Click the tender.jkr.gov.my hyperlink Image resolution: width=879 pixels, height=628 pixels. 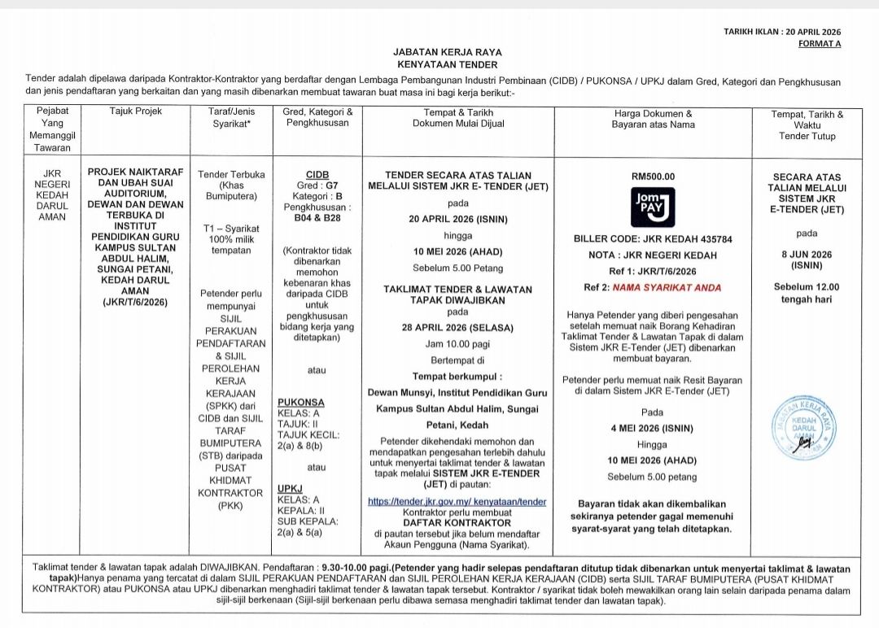click(457, 502)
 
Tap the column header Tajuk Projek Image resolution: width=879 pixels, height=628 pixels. click(136, 111)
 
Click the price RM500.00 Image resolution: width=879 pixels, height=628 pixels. click(653, 177)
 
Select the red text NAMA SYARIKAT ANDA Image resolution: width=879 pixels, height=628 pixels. click(667, 287)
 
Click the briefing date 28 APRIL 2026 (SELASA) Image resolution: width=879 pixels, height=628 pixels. click(457, 328)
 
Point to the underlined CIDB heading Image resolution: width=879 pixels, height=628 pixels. click(317, 175)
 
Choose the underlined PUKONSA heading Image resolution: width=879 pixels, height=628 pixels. click(300, 402)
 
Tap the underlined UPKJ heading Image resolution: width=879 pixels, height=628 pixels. click(290, 489)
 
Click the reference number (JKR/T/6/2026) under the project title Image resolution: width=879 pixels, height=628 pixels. click(135, 302)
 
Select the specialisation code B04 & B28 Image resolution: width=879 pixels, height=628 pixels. click(317, 218)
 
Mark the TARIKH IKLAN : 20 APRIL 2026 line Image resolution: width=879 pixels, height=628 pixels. click(781, 32)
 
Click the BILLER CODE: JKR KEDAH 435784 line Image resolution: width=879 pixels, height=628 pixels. click(653, 239)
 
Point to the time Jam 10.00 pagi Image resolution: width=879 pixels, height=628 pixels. click(457, 344)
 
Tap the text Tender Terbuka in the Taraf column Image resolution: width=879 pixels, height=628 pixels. click(231, 175)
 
